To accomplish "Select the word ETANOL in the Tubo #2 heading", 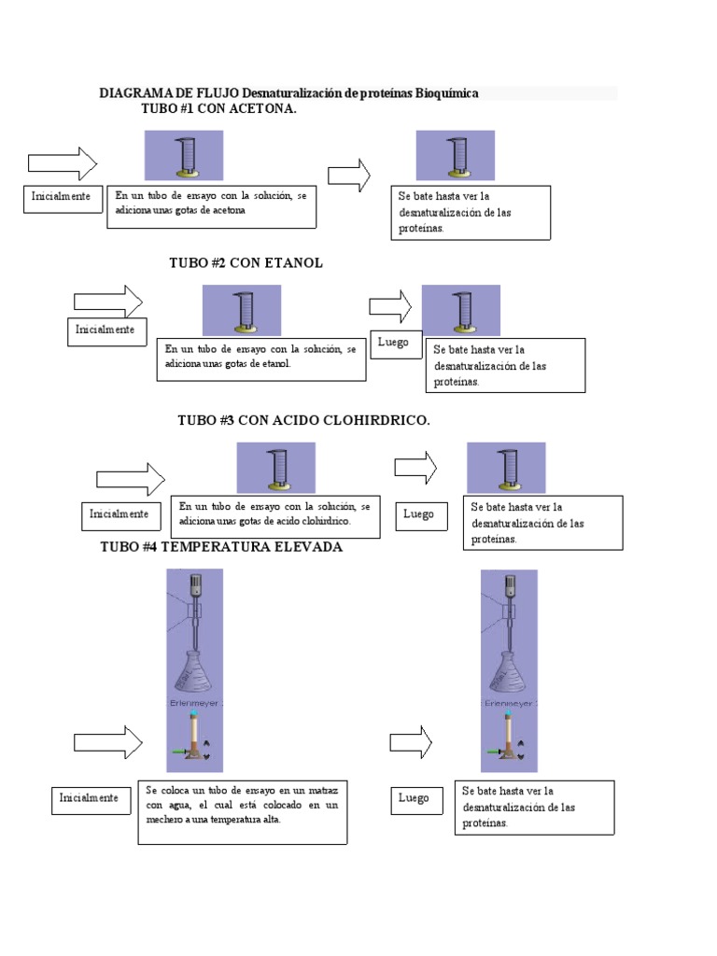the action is pyautogui.click(x=293, y=262).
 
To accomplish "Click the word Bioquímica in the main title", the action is pyautogui.click(x=447, y=93).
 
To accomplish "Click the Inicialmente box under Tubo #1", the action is pyautogui.click(x=63, y=200).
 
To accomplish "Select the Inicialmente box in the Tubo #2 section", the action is pyautogui.click(x=107, y=332).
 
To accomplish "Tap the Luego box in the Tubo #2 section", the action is pyautogui.click(x=396, y=344).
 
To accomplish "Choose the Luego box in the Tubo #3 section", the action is pyautogui.click(x=422, y=516).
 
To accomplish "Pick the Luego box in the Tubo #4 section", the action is pyautogui.click(x=417, y=800).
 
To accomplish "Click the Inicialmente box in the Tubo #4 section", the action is pyautogui.click(x=91, y=800).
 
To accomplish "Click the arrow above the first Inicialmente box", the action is pyautogui.click(x=63, y=163).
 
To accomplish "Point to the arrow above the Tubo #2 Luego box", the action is pyautogui.click(x=390, y=306).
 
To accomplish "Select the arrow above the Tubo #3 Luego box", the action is pyautogui.click(x=415, y=468).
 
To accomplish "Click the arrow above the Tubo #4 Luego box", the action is pyautogui.click(x=411, y=742).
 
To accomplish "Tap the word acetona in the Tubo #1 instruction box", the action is pyautogui.click(x=229, y=210).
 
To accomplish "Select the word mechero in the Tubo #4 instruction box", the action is pyautogui.click(x=163, y=820).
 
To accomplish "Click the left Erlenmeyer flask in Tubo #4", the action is pyautogui.click(x=194, y=672).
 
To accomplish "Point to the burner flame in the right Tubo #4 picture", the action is pyautogui.click(x=509, y=712).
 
